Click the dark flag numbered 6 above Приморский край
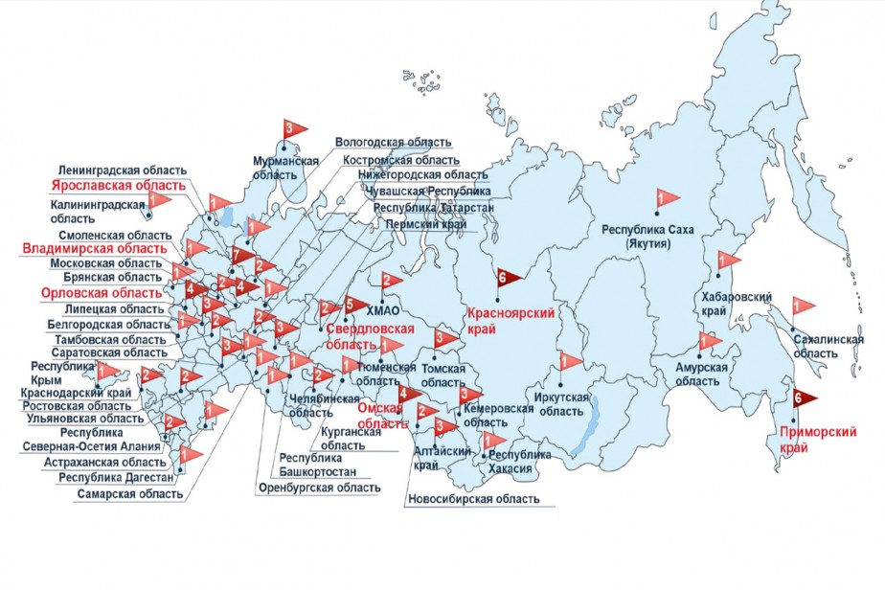[x=803, y=397]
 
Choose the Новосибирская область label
[x=472, y=499]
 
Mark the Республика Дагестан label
[x=116, y=477]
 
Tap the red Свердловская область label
[x=370, y=336]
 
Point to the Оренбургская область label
[x=319, y=488]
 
